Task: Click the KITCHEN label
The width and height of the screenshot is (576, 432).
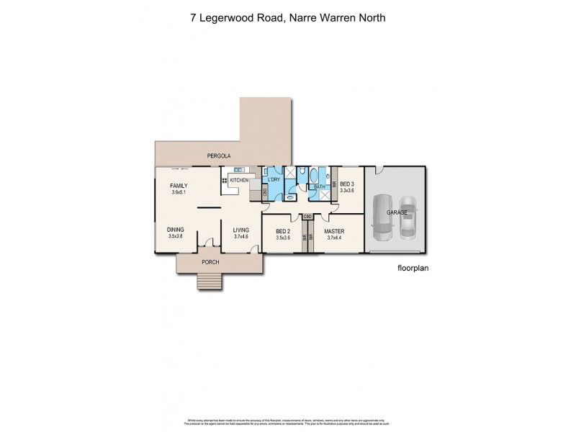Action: pyautogui.click(x=239, y=179)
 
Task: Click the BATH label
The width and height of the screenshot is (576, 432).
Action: pyautogui.click(x=319, y=187)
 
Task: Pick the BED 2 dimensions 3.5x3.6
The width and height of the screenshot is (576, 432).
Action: pyautogui.click(x=282, y=237)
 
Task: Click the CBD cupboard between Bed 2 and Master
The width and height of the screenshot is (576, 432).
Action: pyautogui.click(x=307, y=216)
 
